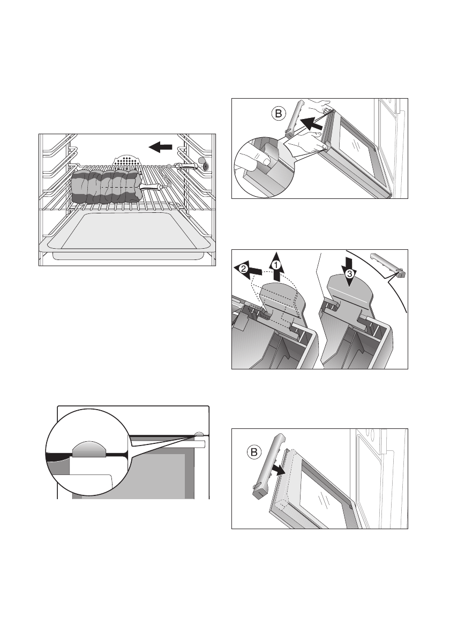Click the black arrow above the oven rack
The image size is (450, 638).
tap(161, 147)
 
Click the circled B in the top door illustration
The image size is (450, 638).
tap(279, 114)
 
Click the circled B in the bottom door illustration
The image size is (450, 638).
tap(253, 452)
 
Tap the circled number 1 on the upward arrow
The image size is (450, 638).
tap(276, 264)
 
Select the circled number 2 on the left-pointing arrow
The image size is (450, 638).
tap(243, 268)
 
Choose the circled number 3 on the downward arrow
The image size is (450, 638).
tap(349, 274)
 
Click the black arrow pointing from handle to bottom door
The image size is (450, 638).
tap(277, 470)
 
